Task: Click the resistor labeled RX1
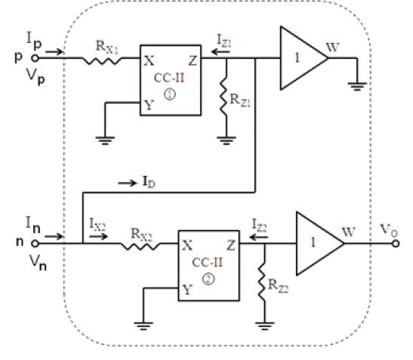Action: pyautogui.click(x=101, y=60)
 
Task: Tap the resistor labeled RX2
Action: pyautogui.click(x=140, y=245)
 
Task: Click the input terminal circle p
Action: pyautogui.click(x=35, y=58)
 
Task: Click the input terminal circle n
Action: pyautogui.click(x=35, y=244)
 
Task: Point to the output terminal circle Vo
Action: pyautogui.click(x=396, y=244)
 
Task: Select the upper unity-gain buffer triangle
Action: pyautogui.click(x=304, y=58)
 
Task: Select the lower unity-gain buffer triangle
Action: pyautogui.click(x=319, y=244)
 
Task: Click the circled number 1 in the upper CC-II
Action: pyautogui.click(x=170, y=94)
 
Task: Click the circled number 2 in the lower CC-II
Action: pyautogui.click(x=208, y=279)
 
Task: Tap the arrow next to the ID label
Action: pyautogui.click(x=128, y=183)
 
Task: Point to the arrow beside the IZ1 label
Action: pyautogui.click(x=220, y=51)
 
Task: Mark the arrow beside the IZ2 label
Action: pyautogui.click(x=259, y=237)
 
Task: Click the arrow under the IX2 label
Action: pyautogui.click(x=98, y=236)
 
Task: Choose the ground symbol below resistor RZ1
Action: pyautogui.click(x=227, y=140)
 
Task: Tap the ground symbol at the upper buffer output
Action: pyautogui.click(x=357, y=86)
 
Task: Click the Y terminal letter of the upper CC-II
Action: pyautogui.click(x=149, y=106)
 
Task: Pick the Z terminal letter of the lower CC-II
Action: pyautogui.click(x=231, y=246)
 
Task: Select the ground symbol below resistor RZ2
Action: pyautogui.click(x=264, y=326)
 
